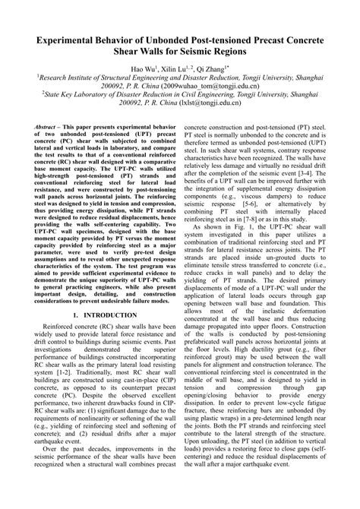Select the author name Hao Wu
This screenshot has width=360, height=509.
[145, 68]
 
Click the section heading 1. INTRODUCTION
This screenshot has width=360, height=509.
[99, 334]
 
